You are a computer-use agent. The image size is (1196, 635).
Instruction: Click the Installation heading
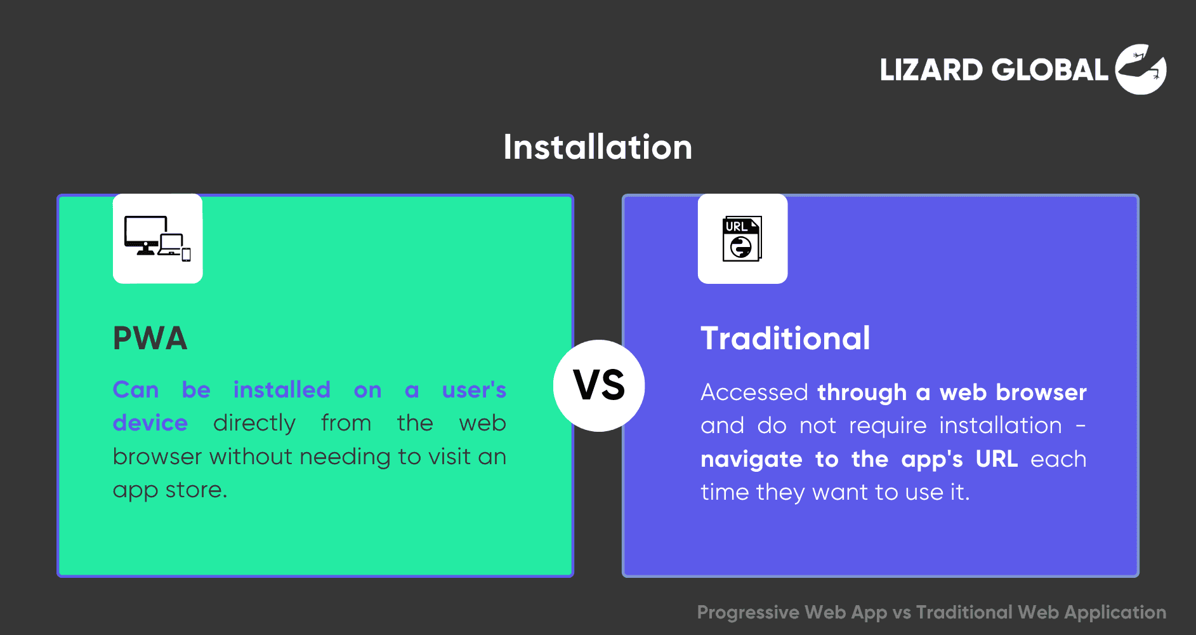click(x=598, y=147)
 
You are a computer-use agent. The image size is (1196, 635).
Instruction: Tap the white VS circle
click(x=599, y=385)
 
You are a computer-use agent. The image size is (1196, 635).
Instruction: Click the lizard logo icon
click(x=1141, y=69)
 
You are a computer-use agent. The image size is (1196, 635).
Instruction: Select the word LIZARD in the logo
click(x=931, y=70)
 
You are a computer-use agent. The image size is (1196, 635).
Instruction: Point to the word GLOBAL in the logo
click(x=1050, y=70)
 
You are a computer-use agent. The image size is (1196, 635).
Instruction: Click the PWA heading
click(x=150, y=338)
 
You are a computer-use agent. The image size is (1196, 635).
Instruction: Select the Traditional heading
click(x=785, y=338)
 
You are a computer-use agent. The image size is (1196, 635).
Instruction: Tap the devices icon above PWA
click(x=157, y=239)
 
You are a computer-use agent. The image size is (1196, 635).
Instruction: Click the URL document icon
click(x=742, y=239)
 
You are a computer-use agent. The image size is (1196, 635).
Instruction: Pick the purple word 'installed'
click(x=282, y=390)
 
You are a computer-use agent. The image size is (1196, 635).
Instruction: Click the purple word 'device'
click(x=150, y=423)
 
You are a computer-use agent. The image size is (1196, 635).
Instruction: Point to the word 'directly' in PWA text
click(x=254, y=424)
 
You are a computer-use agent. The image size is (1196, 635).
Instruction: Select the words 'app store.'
click(x=170, y=490)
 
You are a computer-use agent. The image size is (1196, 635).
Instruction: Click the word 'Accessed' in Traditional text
click(x=754, y=392)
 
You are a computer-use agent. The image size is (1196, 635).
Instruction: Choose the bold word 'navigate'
click(x=751, y=460)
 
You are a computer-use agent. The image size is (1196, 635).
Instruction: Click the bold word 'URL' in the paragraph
click(x=997, y=459)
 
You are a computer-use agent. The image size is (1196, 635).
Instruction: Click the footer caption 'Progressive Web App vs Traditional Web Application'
click(x=931, y=612)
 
